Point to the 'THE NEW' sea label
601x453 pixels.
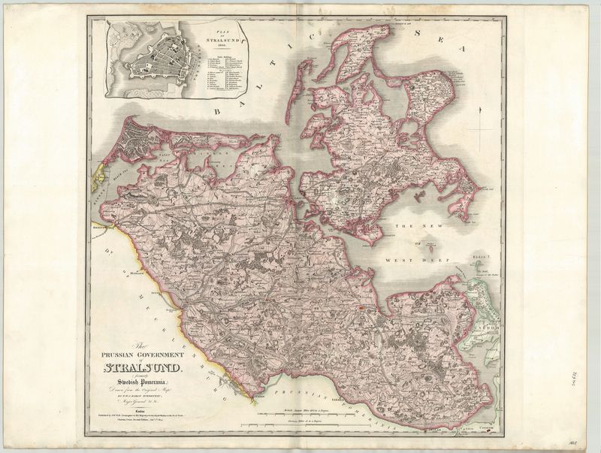417,227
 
